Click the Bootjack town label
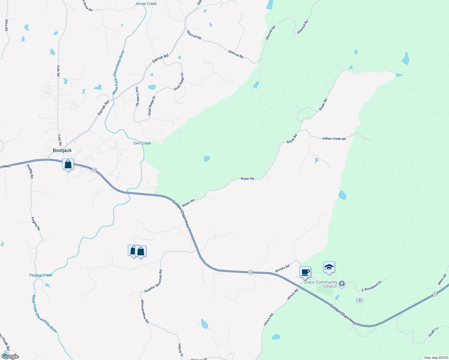(x=62, y=150)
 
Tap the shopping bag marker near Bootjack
(x=68, y=164)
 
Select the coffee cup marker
(x=305, y=272)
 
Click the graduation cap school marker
(x=329, y=267)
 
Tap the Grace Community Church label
(x=321, y=284)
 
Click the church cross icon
(x=342, y=283)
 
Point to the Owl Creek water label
(x=142, y=143)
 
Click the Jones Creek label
(x=146, y=4)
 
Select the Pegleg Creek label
(x=41, y=275)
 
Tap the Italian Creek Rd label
(x=334, y=139)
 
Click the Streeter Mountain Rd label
(x=153, y=281)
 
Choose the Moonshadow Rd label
(x=145, y=311)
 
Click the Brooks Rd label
(x=282, y=268)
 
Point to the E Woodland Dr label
(x=372, y=286)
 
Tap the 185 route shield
(x=359, y=300)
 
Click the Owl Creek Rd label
(x=137, y=97)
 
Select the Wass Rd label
(x=442, y=279)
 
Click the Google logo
(x=10, y=356)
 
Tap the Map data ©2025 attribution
(x=435, y=358)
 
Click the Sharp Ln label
(x=433, y=331)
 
